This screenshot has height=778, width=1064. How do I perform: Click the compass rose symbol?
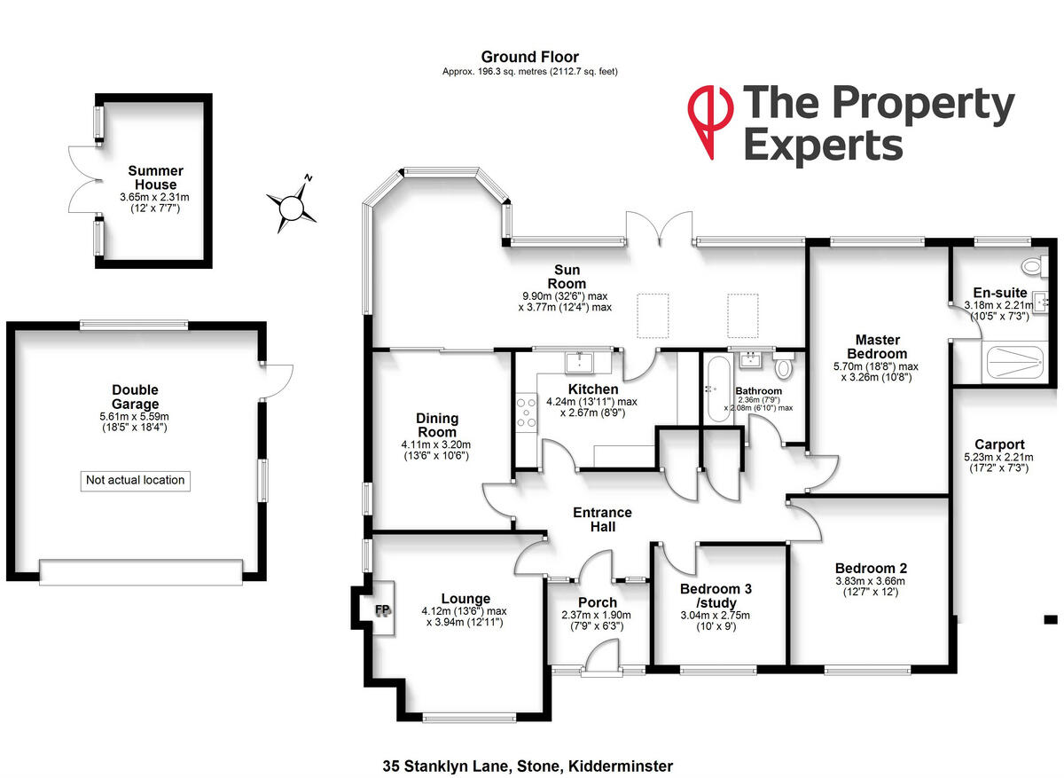291,207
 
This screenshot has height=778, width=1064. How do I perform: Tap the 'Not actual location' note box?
136,481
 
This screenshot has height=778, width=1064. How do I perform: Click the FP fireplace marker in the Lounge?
382,610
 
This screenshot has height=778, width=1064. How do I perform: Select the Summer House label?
155,177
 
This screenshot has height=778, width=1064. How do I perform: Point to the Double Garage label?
135,397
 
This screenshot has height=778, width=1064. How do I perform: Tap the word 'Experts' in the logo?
823,145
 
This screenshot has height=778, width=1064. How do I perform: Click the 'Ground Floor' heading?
529,58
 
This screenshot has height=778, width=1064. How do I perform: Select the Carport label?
999,445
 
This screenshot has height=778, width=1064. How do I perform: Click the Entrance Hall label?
602,520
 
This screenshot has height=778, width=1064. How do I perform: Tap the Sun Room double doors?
659,229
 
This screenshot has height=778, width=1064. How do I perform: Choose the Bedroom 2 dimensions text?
870,587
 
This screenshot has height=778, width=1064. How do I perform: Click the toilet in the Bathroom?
783,366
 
